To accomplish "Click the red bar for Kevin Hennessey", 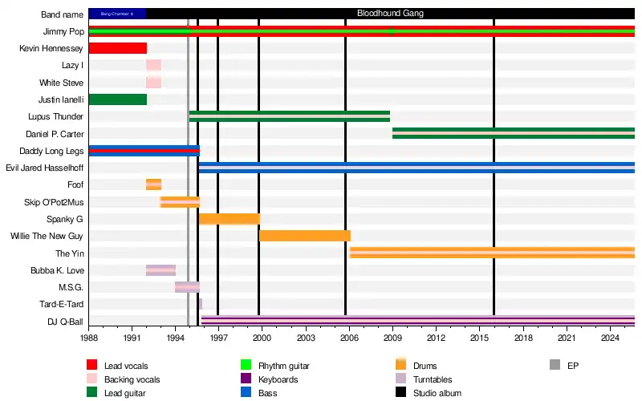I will point(117,48).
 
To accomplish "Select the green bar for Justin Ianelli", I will point(117,99).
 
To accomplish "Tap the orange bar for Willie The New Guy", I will point(304,236).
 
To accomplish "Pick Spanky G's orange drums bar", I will point(229,219).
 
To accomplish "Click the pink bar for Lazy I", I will point(153,65).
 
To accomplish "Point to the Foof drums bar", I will point(153,184).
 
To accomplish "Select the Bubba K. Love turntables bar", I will point(160,270).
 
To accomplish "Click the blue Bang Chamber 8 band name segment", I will point(117,14).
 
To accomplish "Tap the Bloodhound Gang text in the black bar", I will point(390,14).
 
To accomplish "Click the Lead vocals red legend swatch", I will point(92,366).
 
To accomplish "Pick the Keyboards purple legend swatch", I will point(246,379).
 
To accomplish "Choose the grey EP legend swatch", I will point(555,366).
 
